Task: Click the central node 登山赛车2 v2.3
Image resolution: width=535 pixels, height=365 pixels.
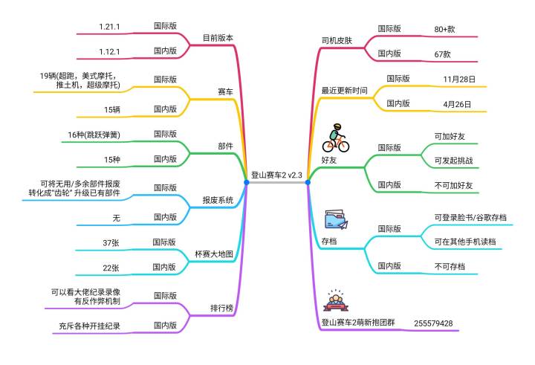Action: pos(276,175)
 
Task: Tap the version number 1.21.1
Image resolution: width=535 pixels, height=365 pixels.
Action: pos(109,27)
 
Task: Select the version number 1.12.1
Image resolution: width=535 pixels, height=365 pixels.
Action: pos(109,52)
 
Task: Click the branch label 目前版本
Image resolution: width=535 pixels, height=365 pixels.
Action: pos(218,38)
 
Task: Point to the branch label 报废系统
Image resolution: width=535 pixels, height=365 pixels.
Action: pos(218,200)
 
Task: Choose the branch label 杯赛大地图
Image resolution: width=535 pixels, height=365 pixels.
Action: pos(214,254)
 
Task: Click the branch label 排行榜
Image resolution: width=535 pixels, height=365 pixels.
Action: pos(221,308)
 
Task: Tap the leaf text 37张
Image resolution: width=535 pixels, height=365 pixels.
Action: pos(111,243)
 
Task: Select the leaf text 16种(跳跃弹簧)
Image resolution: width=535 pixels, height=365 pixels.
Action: pos(94,135)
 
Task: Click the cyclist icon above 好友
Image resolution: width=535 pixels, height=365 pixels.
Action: pos(336,138)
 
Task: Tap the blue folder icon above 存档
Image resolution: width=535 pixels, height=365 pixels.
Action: pos(337,219)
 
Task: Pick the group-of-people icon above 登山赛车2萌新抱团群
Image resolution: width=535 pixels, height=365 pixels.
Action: pos(336,300)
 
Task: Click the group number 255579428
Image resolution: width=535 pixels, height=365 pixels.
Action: pos(433,323)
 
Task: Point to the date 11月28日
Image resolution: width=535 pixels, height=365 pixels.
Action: pos(459,80)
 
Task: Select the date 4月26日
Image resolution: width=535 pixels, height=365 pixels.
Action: pos(457,105)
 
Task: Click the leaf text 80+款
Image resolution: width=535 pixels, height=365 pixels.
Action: pos(444,30)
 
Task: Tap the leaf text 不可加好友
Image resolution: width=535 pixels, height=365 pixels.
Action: pos(453,186)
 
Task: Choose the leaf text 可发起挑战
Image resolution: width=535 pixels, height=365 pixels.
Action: pos(453,161)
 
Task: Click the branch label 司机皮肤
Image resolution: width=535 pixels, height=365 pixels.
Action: pos(337,41)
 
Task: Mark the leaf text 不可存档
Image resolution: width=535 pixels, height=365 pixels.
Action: pos(450,267)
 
